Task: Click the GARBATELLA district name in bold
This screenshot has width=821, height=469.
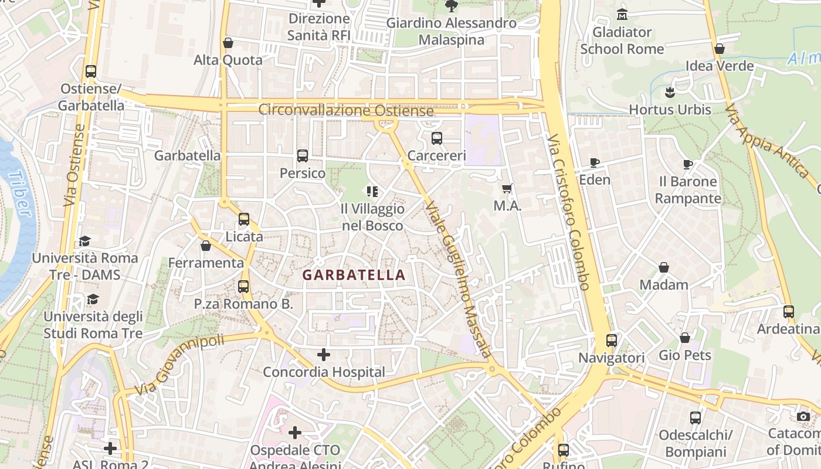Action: pyautogui.click(x=354, y=275)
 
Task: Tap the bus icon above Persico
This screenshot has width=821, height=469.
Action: pyautogui.click(x=303, y=156)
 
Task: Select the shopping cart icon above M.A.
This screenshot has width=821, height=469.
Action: pyautogui.click(x=507, y=189)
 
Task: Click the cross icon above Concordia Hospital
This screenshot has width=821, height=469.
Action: pyautogui.click(x=323, y=355)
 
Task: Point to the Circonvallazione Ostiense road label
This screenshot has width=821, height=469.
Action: pyautogui.click(x=346, y=110)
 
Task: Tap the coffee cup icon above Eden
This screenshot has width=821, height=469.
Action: pyautogui.click(x=595, y=162)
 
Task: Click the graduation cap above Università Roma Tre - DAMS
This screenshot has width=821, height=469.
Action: pyautogui.click(x=85, y=242)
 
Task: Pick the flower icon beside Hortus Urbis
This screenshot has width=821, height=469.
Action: pyautogui.click(x=670, y=92)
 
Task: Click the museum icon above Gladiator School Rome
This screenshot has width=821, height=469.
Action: pyautogui.click(x=622, y=14)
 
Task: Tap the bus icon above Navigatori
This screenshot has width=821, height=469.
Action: pyautogui.click(x=612, y=341)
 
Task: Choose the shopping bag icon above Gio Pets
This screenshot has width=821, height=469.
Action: pyautogui.click(x=685, y=338)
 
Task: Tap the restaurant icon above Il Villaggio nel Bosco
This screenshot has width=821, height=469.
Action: pyautogui.click(x=372, y=192)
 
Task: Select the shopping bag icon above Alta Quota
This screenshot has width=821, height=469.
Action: pyautogui.click(x=228, y=43)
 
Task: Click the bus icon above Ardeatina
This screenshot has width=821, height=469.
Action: pyautogui.click(x=789, y=312)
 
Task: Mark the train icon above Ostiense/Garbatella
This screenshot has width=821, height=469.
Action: pyautogui.click(x=91, y=72)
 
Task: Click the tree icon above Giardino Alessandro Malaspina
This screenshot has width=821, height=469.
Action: pyautogui.click(x=451, y=6)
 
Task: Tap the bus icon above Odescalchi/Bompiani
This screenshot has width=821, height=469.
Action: pyautogui.click(x=696, y=418)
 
